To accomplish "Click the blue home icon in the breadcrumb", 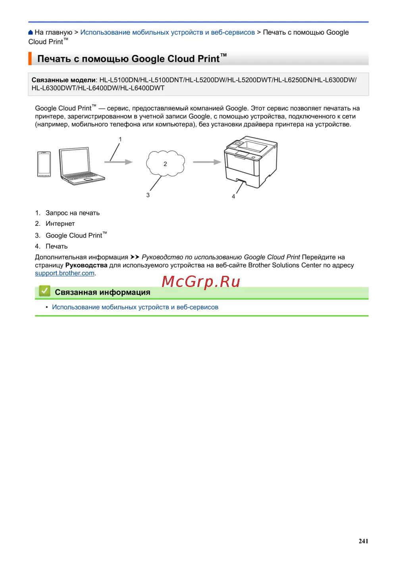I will click(x=31, y=33).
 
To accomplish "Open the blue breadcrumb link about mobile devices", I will click(x=167, y=33).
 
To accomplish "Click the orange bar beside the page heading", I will click(x=30, y=58).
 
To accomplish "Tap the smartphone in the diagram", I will click(x=44, y=164).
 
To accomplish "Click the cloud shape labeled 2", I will click(x=165, y=163).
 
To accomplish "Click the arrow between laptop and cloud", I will click(x=118, y=162).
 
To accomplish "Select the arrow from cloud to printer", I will click(x=207, y=162).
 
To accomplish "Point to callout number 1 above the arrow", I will click(x=120, y=140).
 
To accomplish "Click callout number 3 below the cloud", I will click(x=148, y=195).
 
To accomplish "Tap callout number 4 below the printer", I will click(x=233, y=196).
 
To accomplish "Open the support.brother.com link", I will click(x=65, y=273).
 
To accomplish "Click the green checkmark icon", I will click(x=44, y=291).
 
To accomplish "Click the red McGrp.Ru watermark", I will click(x=201, y=281).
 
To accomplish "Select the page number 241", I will click(x=363, y=541).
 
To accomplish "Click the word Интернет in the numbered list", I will click(x=60, y=224).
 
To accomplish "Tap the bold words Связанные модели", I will click(x=64, y=80).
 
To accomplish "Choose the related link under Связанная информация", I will click(x=135, y=307).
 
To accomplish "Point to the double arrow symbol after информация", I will click(x=135, y=257).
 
